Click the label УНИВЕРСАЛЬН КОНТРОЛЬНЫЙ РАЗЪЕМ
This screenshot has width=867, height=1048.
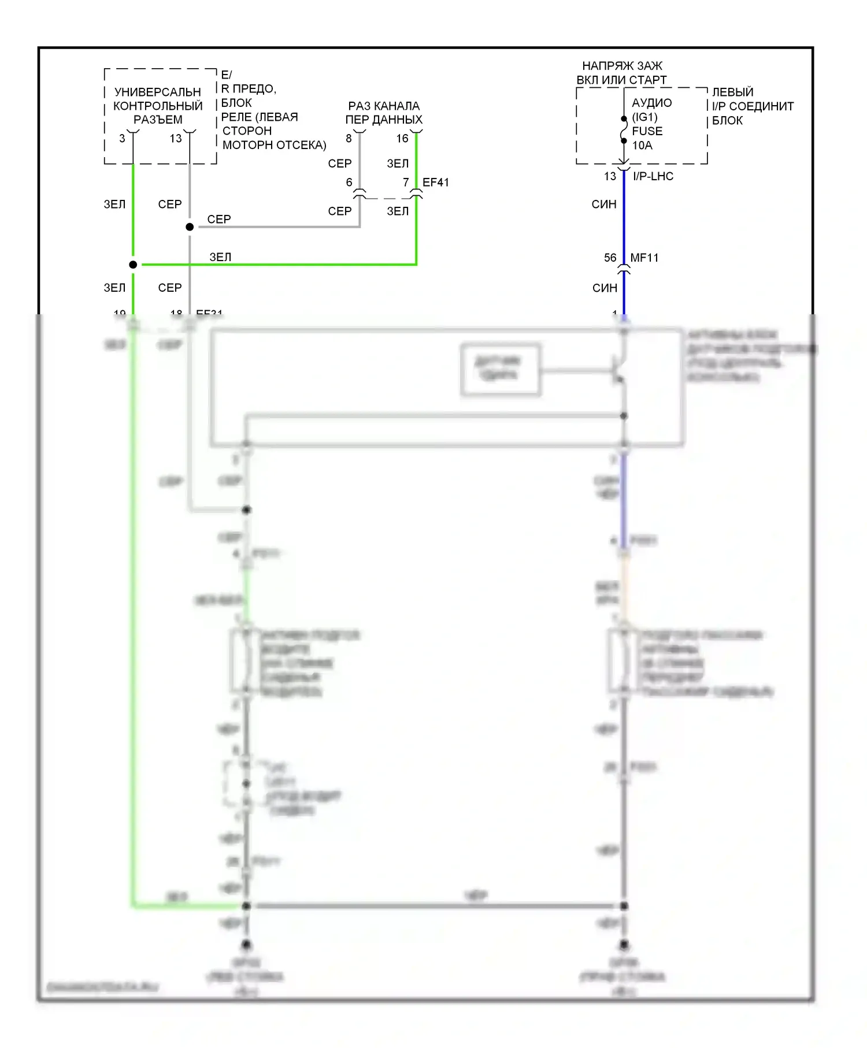click(x=158, y=106)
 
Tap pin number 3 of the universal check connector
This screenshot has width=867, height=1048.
click(x=122, y=139)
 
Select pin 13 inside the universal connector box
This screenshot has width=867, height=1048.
click(x=176, y=139)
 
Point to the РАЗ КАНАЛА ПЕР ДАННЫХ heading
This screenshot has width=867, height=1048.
click(x=384, y=113)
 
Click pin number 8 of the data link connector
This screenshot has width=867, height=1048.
click(x=349, y=139)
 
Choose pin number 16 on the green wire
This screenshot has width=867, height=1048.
click(x=402, y=139)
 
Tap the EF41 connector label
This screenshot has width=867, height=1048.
click(x=436, y=183)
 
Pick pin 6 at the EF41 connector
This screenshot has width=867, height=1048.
click(x=349, y=183)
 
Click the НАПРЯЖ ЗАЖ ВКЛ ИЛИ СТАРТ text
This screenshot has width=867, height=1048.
click(x=622, y=73)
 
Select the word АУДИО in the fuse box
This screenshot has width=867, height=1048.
click(x=652, y=103)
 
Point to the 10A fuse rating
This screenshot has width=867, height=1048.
click(x=642, y=146)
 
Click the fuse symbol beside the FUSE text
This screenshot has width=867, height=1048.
click(x=624, y=131)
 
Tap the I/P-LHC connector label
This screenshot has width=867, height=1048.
click(x=653, y=176)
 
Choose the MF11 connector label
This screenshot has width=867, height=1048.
click(x=644, y=258)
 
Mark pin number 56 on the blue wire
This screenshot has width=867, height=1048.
click(x=610, y=258)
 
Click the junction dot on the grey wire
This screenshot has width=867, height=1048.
click(x=190, y=227)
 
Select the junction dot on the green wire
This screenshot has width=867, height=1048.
click(x=133, y=265)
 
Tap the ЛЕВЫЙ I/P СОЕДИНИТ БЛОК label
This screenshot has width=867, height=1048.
click(x=753, y=106)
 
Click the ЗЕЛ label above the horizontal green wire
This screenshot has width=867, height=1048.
click(x=220, y=257)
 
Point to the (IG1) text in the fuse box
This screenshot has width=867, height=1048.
click(x=644, y=117)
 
